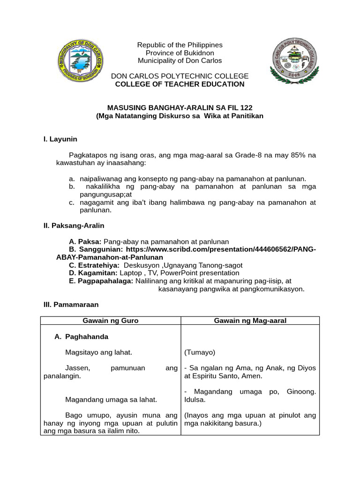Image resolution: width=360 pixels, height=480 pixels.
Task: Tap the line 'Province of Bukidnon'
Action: tap(180, 53)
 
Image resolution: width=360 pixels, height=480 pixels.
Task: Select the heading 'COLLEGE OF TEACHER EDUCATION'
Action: tap(180, 84)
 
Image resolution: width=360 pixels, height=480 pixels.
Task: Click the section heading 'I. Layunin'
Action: tap(60, 139)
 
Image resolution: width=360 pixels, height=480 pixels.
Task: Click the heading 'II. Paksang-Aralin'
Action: tap(74, 225)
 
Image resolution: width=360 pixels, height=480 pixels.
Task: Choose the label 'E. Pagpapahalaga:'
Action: tap(101, 281)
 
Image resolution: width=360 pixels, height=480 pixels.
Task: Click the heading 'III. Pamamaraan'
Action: tap(71, 305)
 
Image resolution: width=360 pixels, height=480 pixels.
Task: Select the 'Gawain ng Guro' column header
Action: tap(111, 321)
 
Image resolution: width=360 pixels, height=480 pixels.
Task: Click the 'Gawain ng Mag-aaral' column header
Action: tap(250, 321)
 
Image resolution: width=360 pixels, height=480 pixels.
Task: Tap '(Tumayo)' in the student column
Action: tap(200, 352)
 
